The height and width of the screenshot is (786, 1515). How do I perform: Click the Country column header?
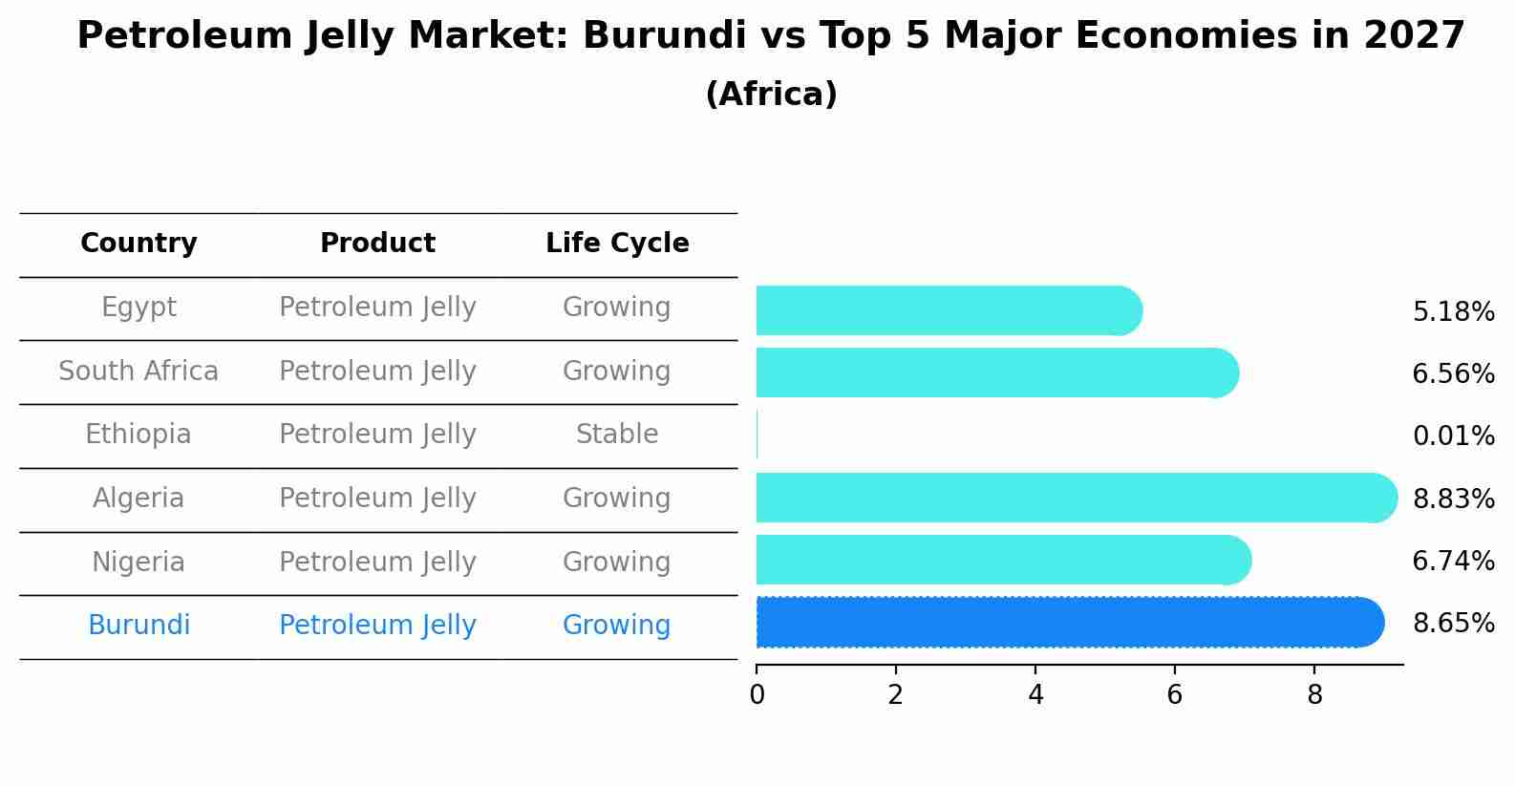pyautogui.click(x=139, y=244)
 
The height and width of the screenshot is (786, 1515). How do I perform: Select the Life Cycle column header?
pyautogui.click(x=617, y=244)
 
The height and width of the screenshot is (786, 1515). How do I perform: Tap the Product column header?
pyautogui.click(x=377, y=244)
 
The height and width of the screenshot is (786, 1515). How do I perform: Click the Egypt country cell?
pyautogui.click(x=139, y=308)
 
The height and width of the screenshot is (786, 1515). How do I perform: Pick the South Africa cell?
pyautogui.click(x=139, y=371)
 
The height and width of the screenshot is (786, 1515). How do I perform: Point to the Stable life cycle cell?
pyautogui.click(x=617, y=435)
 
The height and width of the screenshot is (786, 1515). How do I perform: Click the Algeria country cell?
pyautogui.click(x=139, y=498)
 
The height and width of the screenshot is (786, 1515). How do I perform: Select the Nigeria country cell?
pyautogui.click(x=139, y=562)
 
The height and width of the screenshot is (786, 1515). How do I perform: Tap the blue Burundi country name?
pyautogui.click(x=139, y=626)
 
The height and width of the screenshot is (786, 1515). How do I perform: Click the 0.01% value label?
pyautogui.click(x=1453, y=436)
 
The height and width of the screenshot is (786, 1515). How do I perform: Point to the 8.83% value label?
pyautogui.click(x=1453, y=499)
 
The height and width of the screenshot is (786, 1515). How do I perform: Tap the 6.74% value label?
pyautogui.click(x=1453, y=561)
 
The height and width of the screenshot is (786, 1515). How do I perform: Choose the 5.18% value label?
pyautogui.click(x=1453, y=312)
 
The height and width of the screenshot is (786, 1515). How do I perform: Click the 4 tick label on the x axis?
pyautogui.click(x=1035, y=695)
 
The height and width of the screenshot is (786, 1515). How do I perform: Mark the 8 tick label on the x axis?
pyautogui.click(x=1314, y=695)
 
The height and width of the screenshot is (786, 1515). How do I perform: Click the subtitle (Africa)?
pyautogui.click(x=771, y=95)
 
